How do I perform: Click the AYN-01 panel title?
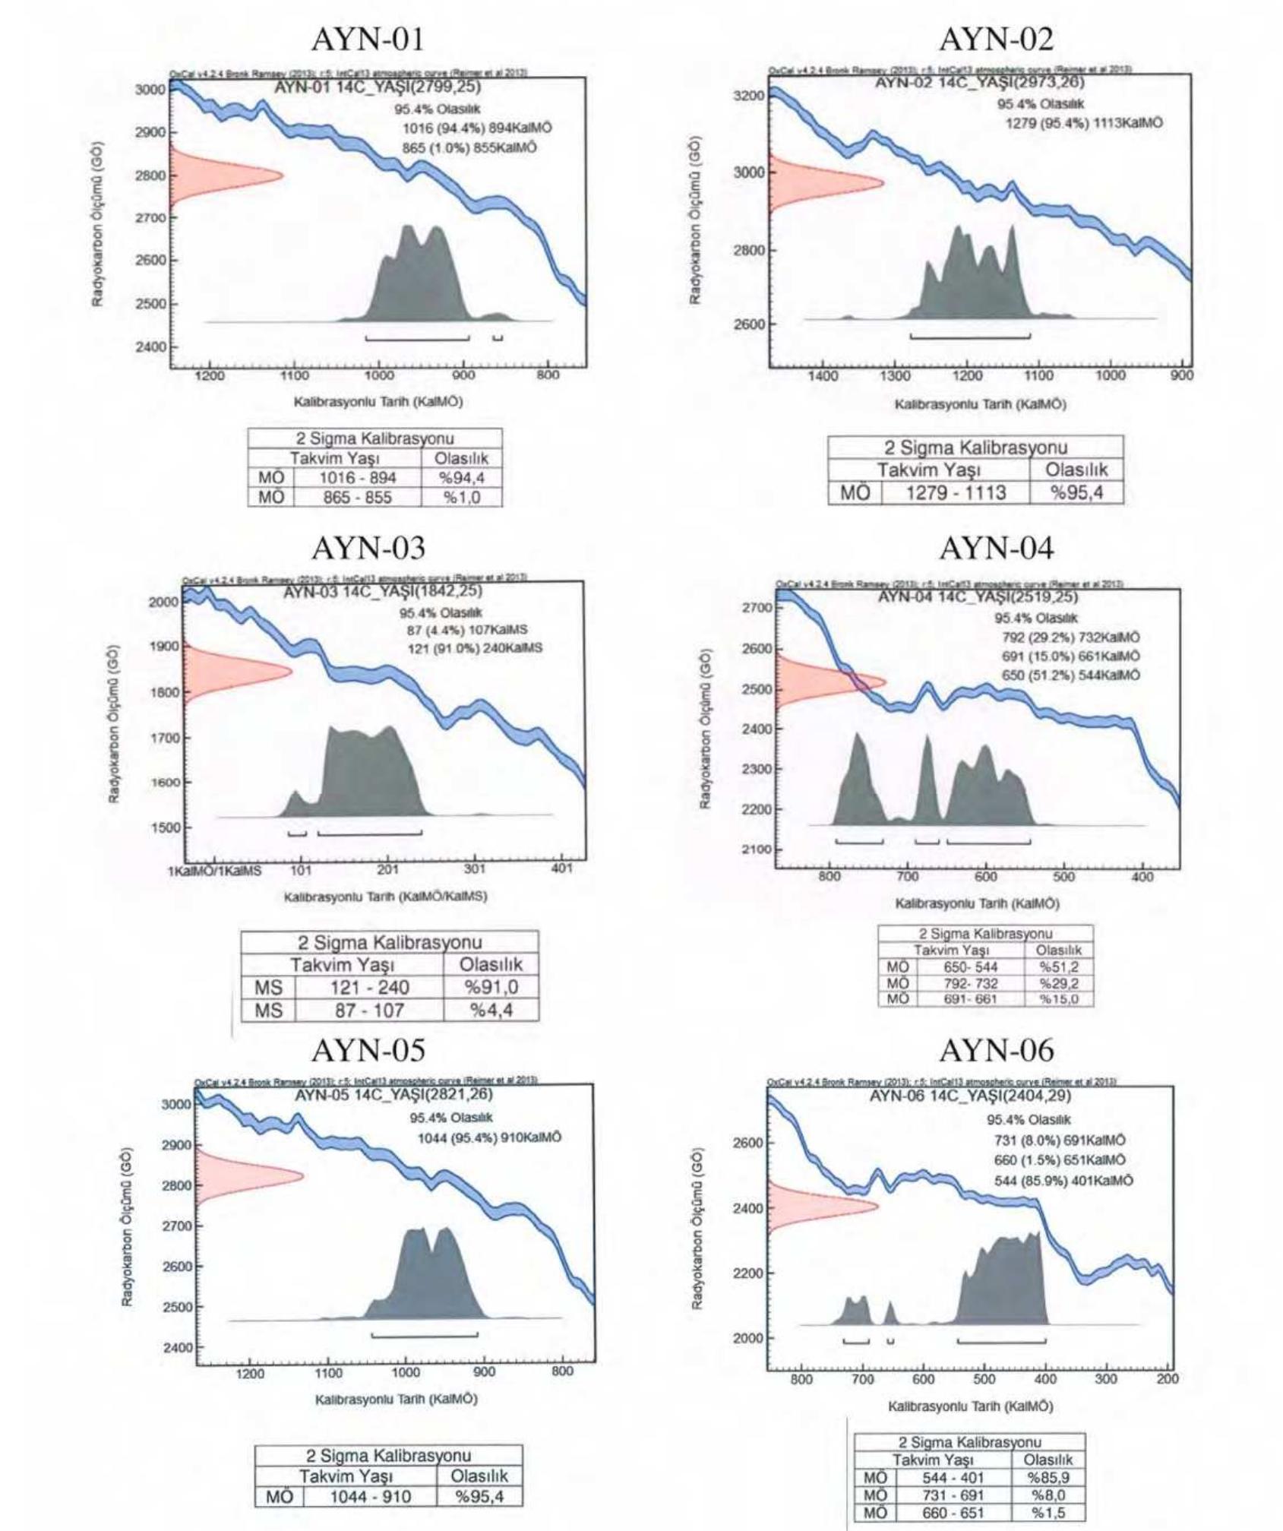tap(367, 40)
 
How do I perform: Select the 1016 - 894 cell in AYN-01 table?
tap(357, 478)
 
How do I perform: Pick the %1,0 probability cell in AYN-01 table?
tap(461, 498)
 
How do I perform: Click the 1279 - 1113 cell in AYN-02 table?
tap(956, 493)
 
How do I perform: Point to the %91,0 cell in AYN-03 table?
tap(491, 987)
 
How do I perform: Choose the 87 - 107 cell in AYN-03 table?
tap(369, 1011)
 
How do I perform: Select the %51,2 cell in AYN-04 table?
tap(1058, 967)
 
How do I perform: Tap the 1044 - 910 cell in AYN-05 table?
tap(370, 1496)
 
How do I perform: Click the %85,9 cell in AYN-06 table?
tap(1048, 1478)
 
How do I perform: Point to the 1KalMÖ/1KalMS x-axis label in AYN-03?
tap(214, 871)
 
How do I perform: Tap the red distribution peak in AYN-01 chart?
tap(281, 176)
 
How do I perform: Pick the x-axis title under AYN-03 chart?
tap(385, 896)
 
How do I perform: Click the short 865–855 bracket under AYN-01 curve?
tap(498, 338)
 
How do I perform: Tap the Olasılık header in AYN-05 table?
tap(479, 1476)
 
